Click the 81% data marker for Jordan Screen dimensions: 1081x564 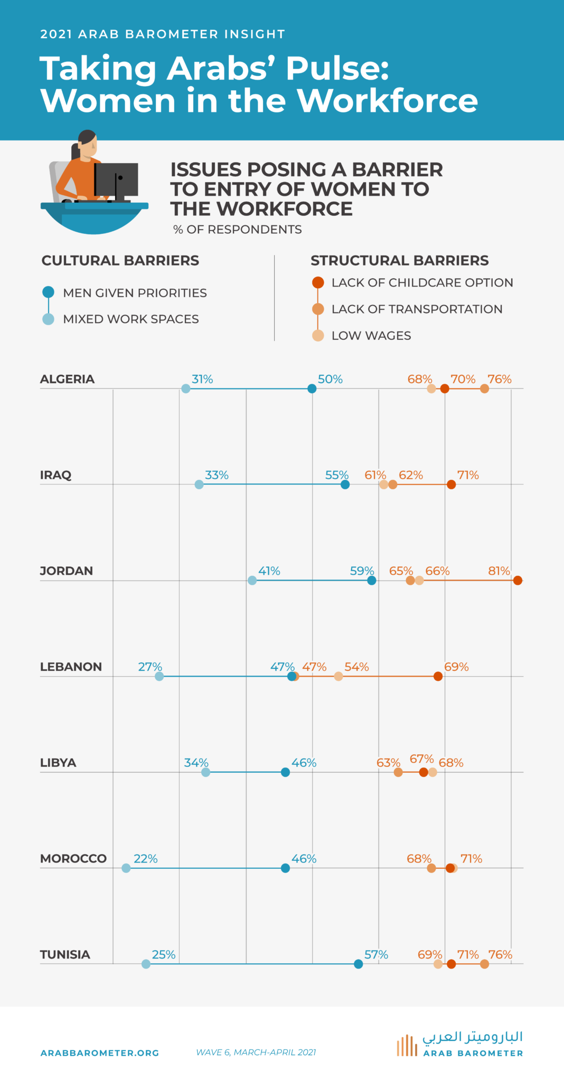point(518,581)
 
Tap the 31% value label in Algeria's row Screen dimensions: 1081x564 point(202,379)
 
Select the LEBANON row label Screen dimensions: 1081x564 point(71,667)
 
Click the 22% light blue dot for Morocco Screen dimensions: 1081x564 point(126,868)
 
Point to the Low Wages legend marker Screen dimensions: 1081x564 point(318,336)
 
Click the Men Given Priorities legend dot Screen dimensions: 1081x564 point(48,292)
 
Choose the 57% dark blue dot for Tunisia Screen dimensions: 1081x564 point(359,964)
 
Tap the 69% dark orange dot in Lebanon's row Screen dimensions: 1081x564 point(438,677)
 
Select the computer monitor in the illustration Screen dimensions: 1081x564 point(117,179)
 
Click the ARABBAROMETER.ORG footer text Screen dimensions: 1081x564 point(100,1053)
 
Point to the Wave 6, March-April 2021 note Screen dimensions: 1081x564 point(256,1052)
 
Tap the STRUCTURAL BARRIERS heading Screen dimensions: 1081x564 point(399,261)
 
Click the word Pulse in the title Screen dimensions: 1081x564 point(337,69)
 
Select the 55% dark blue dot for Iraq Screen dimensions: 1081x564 point(345,485)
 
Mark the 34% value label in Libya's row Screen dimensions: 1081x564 point(196,763)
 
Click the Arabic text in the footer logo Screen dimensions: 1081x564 point(472,1037)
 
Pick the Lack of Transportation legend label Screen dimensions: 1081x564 point(417,309)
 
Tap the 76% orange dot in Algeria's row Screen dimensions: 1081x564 point(484,389)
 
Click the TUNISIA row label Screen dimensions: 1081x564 point(65,954)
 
